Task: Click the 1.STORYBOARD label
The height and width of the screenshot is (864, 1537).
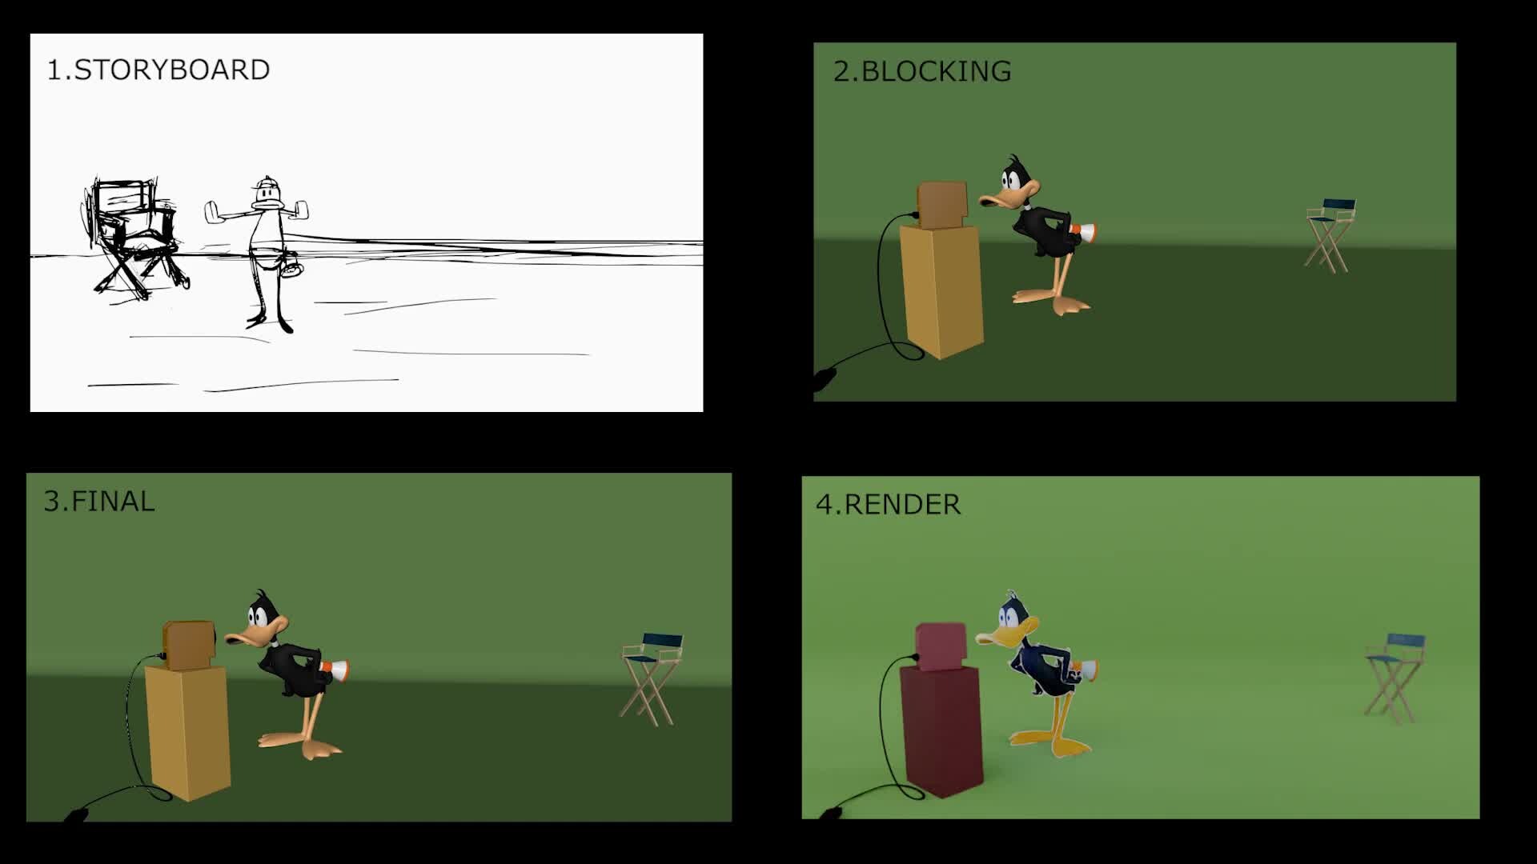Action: pyautogui.click(x=159, y=70)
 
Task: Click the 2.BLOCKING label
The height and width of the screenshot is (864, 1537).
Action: pyautogui.click(x=922, y=71)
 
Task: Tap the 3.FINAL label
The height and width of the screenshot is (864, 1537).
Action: pyautogui.click(x=99, y=502)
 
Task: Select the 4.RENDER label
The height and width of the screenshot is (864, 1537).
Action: pyautogui.click(x=888, y=505)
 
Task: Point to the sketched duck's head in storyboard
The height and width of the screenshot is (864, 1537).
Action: pyautogui.click(x=267, y=194)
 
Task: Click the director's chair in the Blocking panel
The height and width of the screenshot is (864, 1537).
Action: pyautogui.click(x=1330, y=234)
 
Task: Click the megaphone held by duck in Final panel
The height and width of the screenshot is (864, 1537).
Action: pyautogui.click(x=335, y=671)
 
